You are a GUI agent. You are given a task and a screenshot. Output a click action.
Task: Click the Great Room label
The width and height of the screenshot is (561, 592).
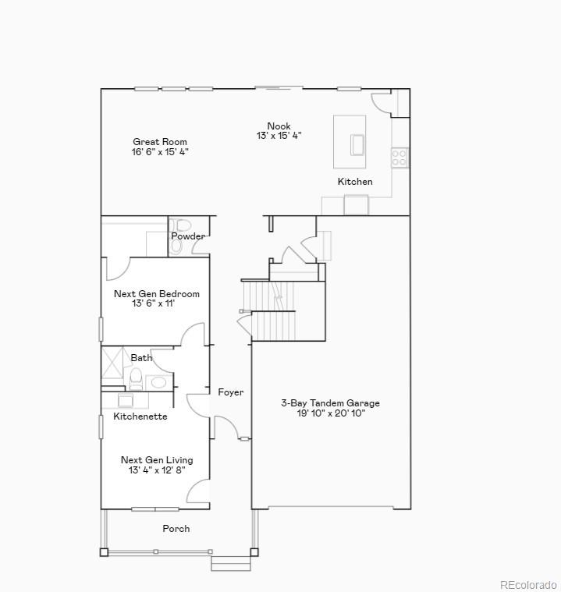click(x=160, y=142)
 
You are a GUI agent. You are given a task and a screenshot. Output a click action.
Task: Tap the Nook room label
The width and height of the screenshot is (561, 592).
click(x=279, y=126)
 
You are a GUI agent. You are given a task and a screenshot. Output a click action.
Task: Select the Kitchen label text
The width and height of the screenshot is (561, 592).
click(x=355, y=182)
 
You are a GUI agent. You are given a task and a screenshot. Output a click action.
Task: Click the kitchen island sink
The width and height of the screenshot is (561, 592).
click(x=357, y=145)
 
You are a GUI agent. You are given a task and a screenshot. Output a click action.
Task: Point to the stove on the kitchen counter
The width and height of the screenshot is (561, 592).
click(x=399, y=157)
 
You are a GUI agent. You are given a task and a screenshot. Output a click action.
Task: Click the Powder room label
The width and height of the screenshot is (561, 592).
click(x=188, y=236)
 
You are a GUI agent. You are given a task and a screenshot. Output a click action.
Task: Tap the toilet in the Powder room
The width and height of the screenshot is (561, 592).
click(x=178, y=244)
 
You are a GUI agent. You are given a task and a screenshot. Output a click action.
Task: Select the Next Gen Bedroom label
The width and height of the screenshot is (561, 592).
click(x=156, y=294)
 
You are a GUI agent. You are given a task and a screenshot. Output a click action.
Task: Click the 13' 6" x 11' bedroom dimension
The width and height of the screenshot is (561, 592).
click(x=154, y=304)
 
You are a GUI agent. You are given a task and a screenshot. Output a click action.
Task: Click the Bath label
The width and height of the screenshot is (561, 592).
click(x=141, y=358)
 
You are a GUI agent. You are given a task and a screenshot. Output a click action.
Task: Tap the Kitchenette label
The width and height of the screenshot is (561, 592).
click(x=140, y=417)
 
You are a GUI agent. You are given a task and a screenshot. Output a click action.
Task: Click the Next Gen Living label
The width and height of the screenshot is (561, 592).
click(x=156, y=460)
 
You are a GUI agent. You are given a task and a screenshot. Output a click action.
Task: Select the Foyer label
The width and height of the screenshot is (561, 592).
click(x=230, y=392)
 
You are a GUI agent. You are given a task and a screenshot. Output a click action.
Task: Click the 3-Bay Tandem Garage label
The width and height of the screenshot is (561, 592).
click(x=330, y=403)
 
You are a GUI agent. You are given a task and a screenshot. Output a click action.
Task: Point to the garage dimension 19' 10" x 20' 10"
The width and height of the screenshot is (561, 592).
click(x=330, y=413)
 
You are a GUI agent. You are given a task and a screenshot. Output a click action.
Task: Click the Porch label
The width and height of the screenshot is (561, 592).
click(x=176, y=529)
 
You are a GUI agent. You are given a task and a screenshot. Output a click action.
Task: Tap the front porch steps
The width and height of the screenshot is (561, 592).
click(x=231, y=562)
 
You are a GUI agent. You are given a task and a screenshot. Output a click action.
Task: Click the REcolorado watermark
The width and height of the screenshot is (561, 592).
click(x=528, y=584)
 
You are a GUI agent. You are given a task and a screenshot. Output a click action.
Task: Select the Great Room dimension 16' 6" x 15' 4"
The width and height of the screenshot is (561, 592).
click(x=160, y=152)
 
